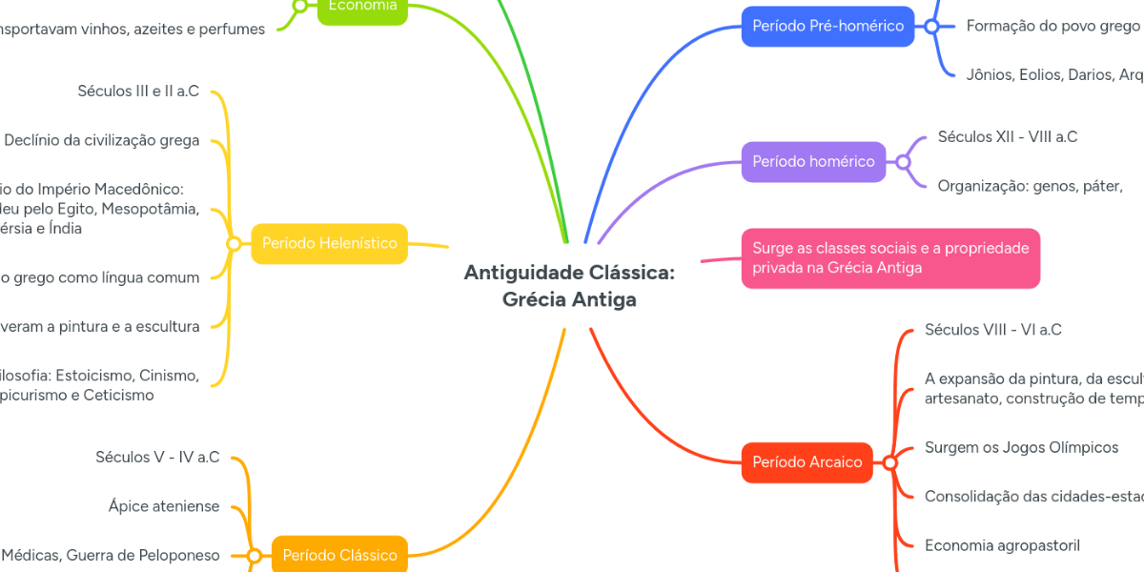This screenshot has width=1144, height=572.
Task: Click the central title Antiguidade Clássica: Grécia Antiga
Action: pyautogui.click(x=569, y=286)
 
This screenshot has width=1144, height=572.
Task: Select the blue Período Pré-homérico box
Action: pyautogui.click(x=827, y=26)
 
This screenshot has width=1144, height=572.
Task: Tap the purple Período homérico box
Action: pyautogui.click(x=813, y=161)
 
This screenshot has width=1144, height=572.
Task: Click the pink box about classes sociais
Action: pyautogui.click(x=890, y=258)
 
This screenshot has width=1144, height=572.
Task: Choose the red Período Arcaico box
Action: pyautogui.click(x=807, y=462)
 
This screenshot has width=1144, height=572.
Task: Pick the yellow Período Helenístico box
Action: pyautogui.click(x=329, y=243)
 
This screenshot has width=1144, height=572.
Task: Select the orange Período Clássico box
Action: pyautogui.click(x=339, y=555)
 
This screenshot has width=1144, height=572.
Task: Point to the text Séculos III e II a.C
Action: pyautogui.click(x=138, y=92)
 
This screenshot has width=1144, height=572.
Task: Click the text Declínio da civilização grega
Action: pyautogui.click(x=102, y=140)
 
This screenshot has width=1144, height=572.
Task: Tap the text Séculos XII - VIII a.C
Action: pyautogui.click(x=1008, y=136)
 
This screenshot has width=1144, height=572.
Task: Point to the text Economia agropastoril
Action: pyautogui.click(x=1002, y=545)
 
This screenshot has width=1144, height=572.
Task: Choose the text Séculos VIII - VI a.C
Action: pyautogui.click(x=992, y=330)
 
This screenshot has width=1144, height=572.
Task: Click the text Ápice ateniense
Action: pyautogui.click(x=164, y=506)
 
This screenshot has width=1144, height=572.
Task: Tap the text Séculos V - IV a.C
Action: pyautogui.click(x=157, y=457)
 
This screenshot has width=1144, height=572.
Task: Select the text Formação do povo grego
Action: pyautogui.click(x=1052, y=26)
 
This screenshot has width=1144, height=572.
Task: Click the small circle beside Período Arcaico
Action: pyautogui.click(x=889, y=463)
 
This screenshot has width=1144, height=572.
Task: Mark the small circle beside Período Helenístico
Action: pyautogui.click(x=234, y=244)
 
